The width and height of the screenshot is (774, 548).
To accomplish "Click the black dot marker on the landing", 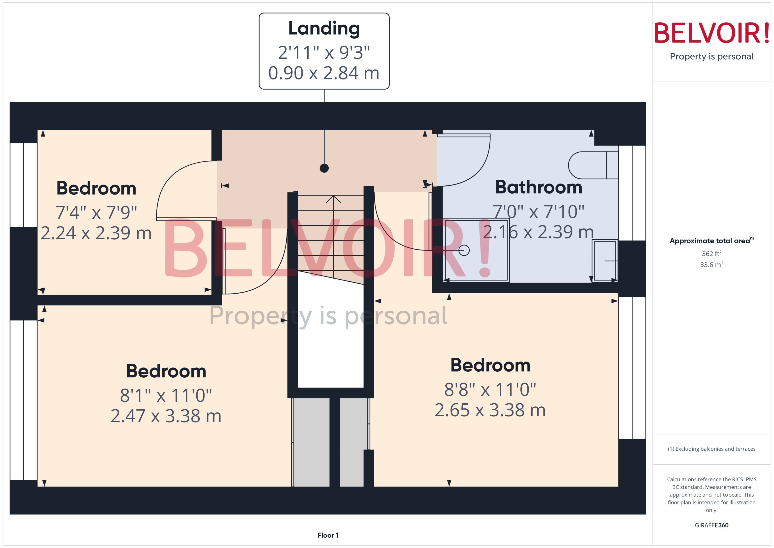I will (x=324, y=168).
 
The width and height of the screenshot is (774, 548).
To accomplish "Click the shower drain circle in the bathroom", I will (x=464, y=250).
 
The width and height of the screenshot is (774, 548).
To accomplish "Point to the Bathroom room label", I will (x=539, y=187).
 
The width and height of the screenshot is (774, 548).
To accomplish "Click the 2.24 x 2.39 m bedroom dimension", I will (x=96, y=233).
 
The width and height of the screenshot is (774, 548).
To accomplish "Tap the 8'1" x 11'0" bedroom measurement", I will (x=166, y=396).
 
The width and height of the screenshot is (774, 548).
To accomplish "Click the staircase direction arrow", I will (x=333, y=199).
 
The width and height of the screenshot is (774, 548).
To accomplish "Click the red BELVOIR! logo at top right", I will (x=712, y=33).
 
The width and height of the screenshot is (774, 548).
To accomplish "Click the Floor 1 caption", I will (x=328, y=535).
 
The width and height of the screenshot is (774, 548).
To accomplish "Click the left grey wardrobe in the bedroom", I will (x=311, y=442).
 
